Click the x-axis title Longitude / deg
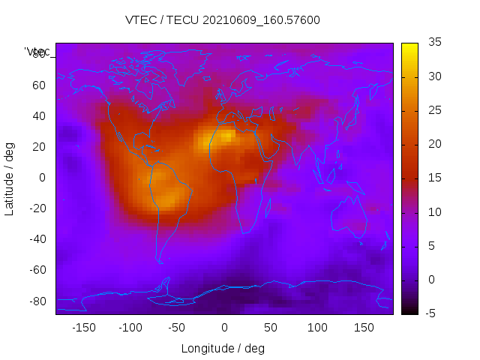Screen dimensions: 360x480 [223, 348]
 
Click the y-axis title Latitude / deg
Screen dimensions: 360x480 [10, 177]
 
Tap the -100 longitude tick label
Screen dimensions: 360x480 [130, 328]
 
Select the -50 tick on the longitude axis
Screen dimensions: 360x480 [177, 328]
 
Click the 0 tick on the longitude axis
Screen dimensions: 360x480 [223, 328]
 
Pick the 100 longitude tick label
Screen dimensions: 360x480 [317, 328]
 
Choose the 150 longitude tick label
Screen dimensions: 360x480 [364, 328]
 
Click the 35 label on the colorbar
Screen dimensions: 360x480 [434, 43]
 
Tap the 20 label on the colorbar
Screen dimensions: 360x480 [434, 144]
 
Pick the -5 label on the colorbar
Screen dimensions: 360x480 [433, 313]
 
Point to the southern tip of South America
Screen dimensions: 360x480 [160, 261]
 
